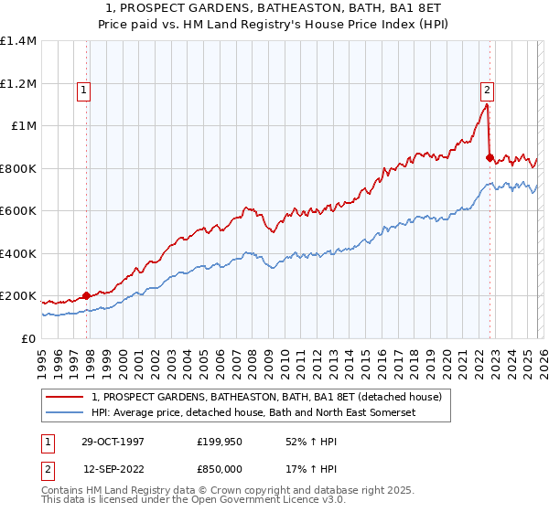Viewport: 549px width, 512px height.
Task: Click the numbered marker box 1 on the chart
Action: pyautogui.click(x=83, y=90)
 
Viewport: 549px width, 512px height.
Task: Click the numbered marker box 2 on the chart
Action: pyautogui.click(x=487, y=90)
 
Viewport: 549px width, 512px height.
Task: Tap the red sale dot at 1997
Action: pyautogui.click(x=87, y=295)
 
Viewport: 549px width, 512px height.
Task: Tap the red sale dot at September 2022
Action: pyautogui.click(x=490, y=157)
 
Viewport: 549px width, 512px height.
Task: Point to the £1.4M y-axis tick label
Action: pyautogui.click(x=18, y=41)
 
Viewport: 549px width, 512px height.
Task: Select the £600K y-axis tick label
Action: pyautogui.click(x=18, y=211)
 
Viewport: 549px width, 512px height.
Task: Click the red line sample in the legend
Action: pyautogui.click(x=66, y=397)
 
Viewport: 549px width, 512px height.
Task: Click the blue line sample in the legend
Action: pyautogui.click(x=66, y=413)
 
